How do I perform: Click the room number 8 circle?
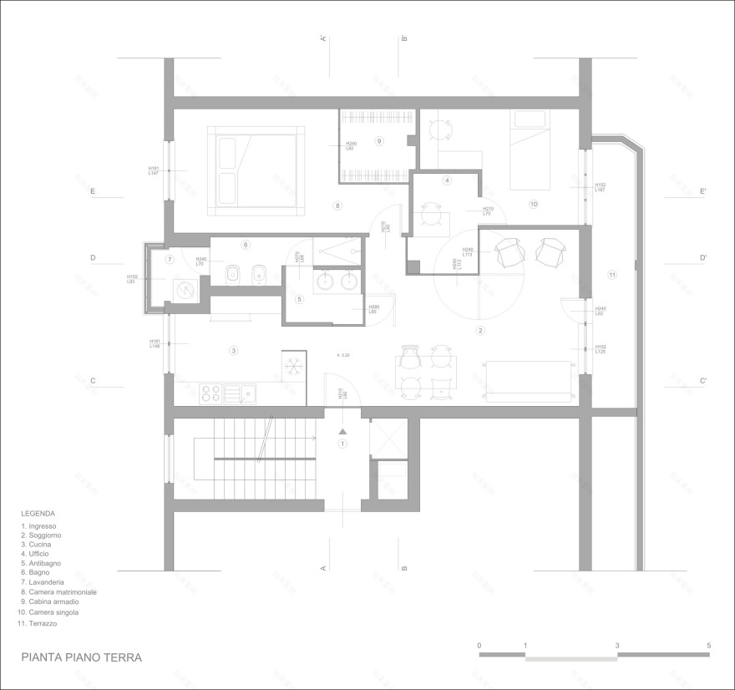coord(337,205)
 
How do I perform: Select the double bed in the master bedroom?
coord(256,165)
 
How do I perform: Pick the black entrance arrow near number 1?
coord(342,431)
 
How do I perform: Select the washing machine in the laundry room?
coord(183,290)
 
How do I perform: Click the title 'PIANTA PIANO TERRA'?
coord(82,657)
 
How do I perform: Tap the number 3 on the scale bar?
coord(616,646)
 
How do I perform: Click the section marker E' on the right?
coord(703,191)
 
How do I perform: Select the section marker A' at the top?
coord(322,38)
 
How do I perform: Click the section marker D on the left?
coord(93,258)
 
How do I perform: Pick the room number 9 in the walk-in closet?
coord(378,141)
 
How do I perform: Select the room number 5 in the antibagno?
coord(299,299)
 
